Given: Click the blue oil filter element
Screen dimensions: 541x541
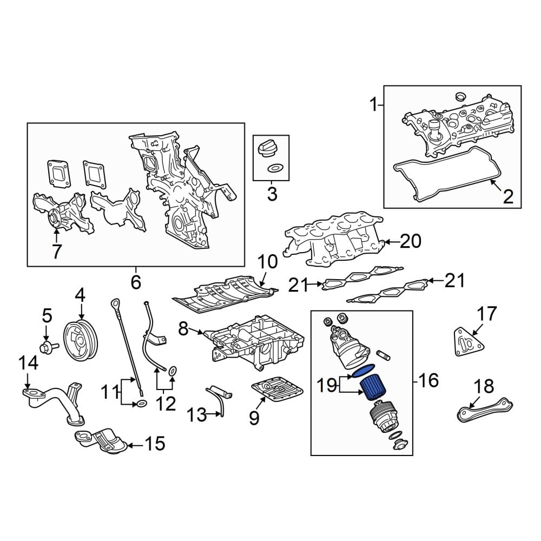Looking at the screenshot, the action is click(372, 387).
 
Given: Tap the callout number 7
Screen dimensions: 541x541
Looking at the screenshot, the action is click(57, 252).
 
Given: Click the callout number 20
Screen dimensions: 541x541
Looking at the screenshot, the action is click(411, 241).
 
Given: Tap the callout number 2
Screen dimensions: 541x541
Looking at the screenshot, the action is click(508, 197).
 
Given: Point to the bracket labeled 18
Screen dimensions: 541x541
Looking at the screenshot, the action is click(485, 410).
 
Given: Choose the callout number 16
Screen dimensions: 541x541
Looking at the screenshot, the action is click(428, 380).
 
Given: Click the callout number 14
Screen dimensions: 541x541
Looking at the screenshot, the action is click(28, 363).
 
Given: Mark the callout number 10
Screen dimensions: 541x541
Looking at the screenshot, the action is click(267, 262).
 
